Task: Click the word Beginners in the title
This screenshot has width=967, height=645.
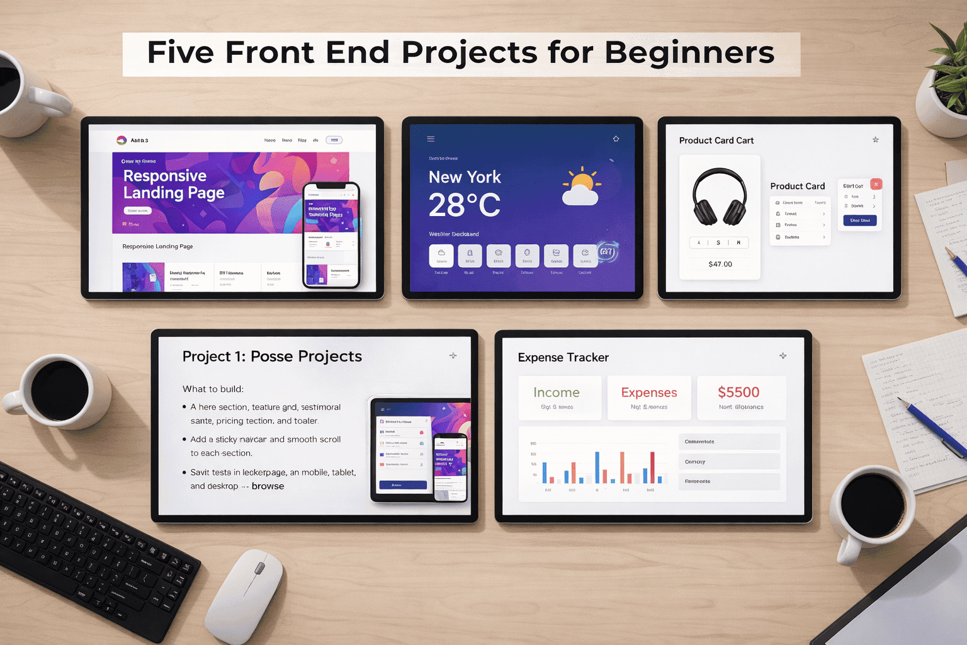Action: point(689,53)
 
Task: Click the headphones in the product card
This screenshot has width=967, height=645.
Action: point(720,197)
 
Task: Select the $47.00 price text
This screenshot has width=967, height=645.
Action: point(720,264)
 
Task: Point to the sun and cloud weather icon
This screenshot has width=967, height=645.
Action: point(581,187)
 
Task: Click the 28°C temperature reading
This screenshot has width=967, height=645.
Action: point(465,205)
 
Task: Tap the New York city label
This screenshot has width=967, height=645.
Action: point(465,177)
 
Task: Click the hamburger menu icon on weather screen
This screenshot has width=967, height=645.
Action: point(431,139)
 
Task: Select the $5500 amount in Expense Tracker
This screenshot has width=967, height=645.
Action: point(738,392)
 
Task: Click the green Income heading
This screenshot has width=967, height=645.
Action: point(557,392)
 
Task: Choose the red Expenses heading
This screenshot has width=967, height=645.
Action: point(649,392)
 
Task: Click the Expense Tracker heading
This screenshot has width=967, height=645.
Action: point(563,357)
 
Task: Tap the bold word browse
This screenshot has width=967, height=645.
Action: point(268,486)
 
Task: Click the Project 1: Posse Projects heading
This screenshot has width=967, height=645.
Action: point(272,357)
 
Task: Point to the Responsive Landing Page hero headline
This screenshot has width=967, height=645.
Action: point(174,184)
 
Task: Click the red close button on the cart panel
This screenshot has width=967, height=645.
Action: point(876,184)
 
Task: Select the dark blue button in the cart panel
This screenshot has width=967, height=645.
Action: point(859,220)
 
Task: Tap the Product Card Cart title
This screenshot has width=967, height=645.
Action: point(716,140)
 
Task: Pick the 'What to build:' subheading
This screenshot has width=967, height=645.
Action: point(213,389)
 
